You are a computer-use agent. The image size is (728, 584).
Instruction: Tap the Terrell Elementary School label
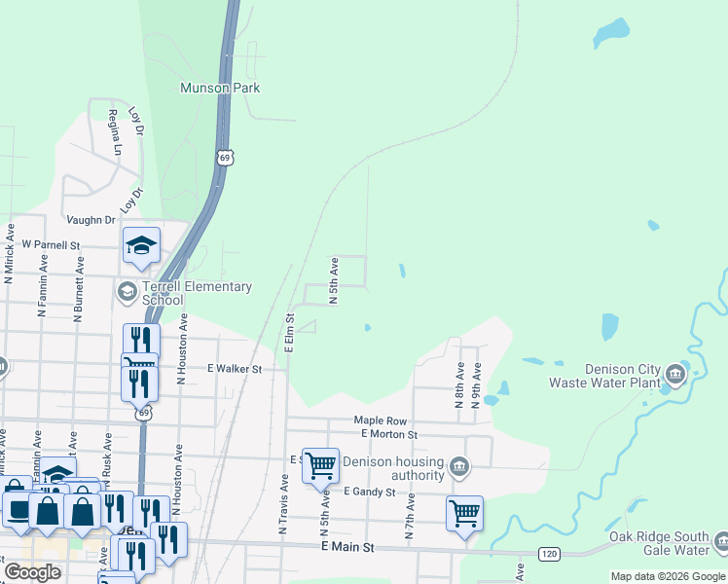pyautogui.click(x=198, y=293)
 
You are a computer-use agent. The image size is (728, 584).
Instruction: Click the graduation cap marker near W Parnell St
pyautogui.click(x=141, y=247)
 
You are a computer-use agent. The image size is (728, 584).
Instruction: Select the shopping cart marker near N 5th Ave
pyautogui.click(x=320, y=465)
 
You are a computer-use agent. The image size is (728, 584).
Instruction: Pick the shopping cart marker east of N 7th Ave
pyautogui.click(x=464, y=513)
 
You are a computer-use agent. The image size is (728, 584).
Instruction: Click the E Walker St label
pyautogui.click(x=235, y=369)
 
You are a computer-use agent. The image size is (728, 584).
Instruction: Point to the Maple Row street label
pyautogui.click(x=373, y=420)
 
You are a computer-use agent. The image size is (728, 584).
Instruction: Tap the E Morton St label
pyautogui.click(x=388, y=434)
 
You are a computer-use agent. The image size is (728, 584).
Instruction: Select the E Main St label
pyautogui.click(x=347, y=548)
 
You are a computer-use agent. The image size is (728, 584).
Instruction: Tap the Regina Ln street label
pyautogui.click(x=114, y=132)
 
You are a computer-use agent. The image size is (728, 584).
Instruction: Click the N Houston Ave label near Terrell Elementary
pyautogui.click(x=182, y=352)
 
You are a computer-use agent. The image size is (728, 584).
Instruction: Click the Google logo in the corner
pyautogui.click(x=32, y=571)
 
